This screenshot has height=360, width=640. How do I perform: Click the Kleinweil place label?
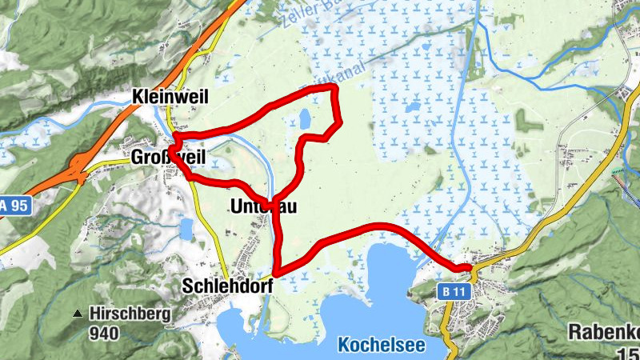coord(171,97)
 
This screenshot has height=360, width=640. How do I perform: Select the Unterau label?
coord(263,206)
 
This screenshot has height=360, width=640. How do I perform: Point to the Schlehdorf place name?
coord(229,286)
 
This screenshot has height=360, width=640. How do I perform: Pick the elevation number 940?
coord(104,333)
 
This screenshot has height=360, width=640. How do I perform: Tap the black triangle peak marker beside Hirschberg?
coord(78,314)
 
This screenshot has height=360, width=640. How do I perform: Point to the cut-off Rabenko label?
coord(603,331)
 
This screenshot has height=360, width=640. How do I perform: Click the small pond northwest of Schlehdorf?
coord(186,230)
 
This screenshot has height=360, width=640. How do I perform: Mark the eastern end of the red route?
coord(470,267)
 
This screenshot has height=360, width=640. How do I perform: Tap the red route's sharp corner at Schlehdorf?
coord(274,274)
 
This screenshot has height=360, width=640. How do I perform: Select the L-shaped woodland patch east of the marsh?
coord(527,121)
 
